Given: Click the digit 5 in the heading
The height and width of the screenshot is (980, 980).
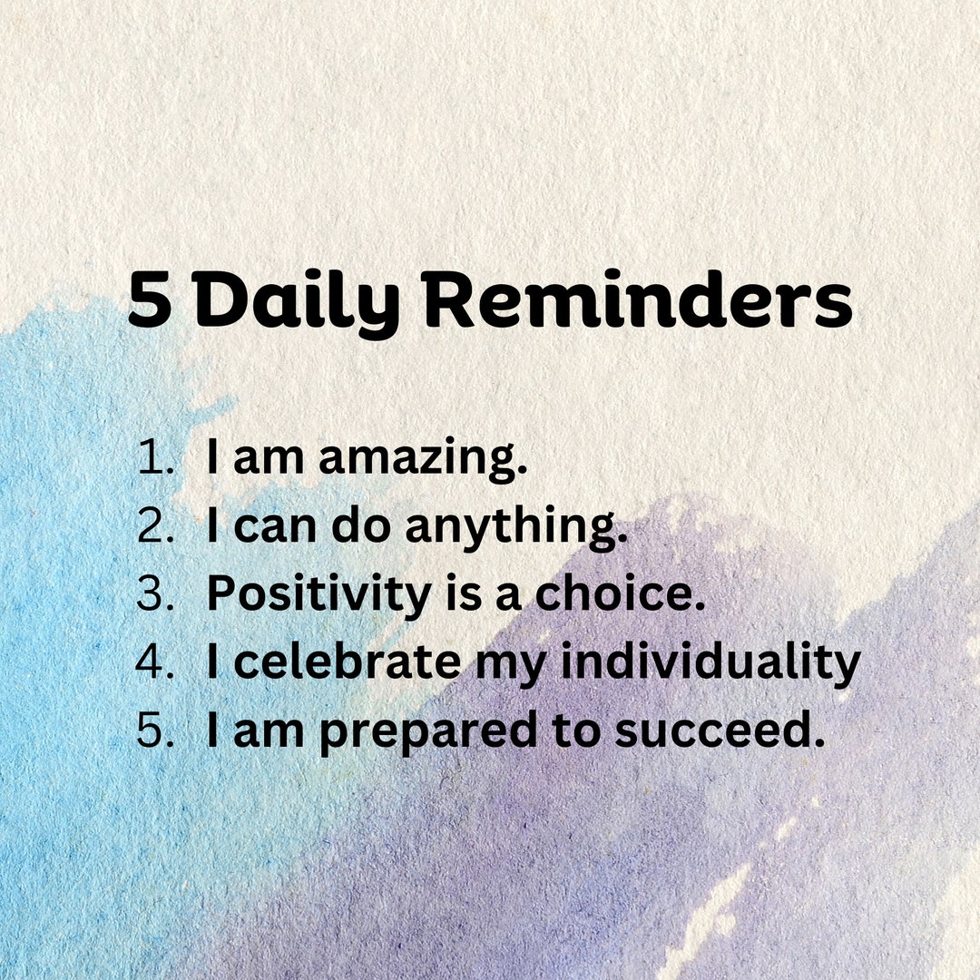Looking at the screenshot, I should (x=150, y=302).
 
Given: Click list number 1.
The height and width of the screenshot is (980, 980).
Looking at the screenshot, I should (x=154, y=458).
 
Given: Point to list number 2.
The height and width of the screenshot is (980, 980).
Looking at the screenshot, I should (x=154, y=526).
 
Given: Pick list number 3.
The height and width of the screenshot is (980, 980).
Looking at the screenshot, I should (x=154, y=594).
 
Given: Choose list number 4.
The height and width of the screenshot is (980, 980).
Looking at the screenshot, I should (x=154, y=662).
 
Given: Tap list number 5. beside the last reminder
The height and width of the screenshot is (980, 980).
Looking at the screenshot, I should (x=154, y=730).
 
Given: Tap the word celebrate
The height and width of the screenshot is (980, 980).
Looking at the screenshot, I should (x=348, y=662).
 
